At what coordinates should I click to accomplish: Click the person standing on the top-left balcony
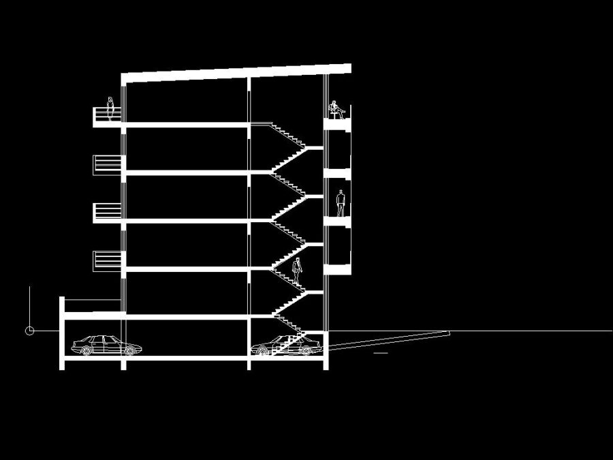point(110,110)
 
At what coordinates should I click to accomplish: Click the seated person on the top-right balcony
point(334,110)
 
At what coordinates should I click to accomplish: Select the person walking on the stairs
point(297,272)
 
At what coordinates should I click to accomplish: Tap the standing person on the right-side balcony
point(341,203)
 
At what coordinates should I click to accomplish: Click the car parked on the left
point(106,346)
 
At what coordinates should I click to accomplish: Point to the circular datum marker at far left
point(30,331)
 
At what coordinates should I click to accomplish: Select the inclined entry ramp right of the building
point(388,338)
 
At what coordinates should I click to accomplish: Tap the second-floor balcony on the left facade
point(108,213)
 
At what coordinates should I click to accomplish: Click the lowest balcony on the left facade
point(108,260)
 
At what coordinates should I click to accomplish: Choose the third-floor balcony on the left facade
point(108,164)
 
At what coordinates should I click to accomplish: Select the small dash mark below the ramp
point(381,353)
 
